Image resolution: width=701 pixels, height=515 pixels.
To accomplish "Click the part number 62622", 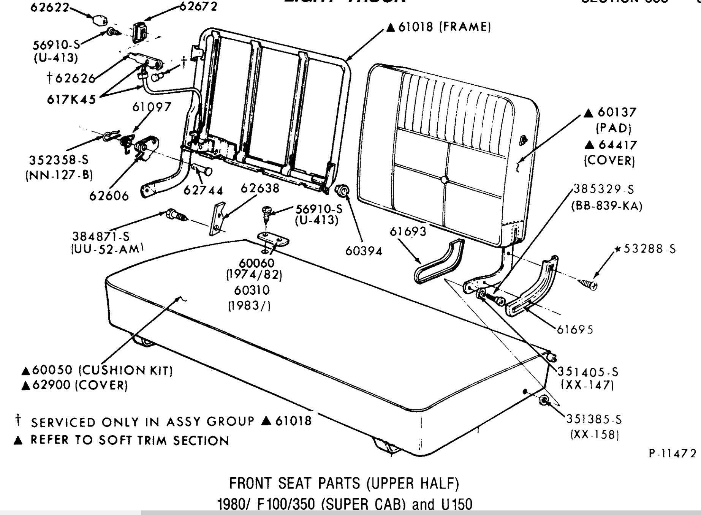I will [x=49, y=7].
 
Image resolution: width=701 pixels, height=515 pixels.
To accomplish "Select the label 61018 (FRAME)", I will [x=438, y=27].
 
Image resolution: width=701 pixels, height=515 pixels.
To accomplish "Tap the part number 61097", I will [x=152, y=107].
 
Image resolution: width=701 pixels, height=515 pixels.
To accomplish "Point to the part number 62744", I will [x=203, y=190].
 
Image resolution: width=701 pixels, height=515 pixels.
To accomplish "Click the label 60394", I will [x=364, y=251].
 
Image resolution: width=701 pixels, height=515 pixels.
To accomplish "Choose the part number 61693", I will [x=408, y=231].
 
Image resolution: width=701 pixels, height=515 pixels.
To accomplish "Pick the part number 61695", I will [x=575, y=329].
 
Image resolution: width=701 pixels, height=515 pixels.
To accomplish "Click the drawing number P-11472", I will [x=673, y=453].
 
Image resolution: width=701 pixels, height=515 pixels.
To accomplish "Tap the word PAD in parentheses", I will [x=613, y=128].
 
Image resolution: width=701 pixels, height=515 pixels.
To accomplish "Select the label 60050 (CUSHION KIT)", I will [x=97, y=370].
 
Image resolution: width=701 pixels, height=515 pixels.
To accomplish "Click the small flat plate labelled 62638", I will [x=218, y=219].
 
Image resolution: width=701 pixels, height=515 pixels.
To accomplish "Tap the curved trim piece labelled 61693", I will [x=439, y=262].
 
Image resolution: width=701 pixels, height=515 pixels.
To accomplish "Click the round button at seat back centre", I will [x=444, y=180].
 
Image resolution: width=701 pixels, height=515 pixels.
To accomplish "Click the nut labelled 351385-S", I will [x=543, y=401].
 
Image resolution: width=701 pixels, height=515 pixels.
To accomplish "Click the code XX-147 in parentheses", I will [x=587, y=385].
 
